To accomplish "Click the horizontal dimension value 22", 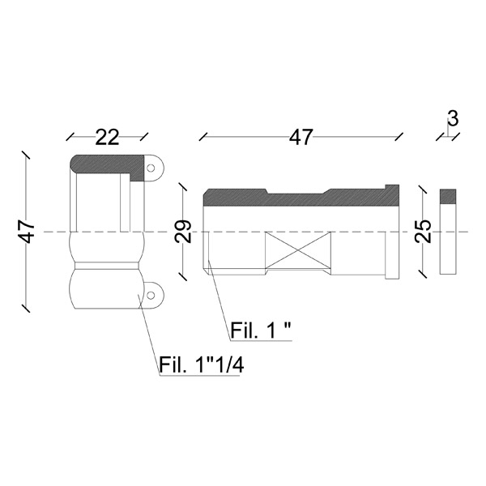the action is click(107, 138).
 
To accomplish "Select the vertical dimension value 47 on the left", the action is click(27, 232).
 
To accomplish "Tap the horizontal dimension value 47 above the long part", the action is click(301, 138).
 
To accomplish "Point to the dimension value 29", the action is click(183, 231).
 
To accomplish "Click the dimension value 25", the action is click(424, 231).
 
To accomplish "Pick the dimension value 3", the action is click(453, 119).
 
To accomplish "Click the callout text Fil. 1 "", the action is click(261, 330).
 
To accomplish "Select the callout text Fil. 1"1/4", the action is click(202, 365).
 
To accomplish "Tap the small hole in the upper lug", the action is click(151, 168).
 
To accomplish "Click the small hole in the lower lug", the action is click(151, 295).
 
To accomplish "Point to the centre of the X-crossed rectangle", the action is click(298, 249).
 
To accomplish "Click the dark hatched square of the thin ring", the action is click(448, 197).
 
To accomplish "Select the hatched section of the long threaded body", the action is click(301, 197).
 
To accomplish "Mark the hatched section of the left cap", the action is click(107, 167).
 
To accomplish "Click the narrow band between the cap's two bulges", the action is click(107, 266).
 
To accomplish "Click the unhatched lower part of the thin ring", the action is click(448, 239).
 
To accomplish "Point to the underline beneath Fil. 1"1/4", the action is click(199, 376).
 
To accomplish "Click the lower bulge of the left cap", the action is click(107, 289).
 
